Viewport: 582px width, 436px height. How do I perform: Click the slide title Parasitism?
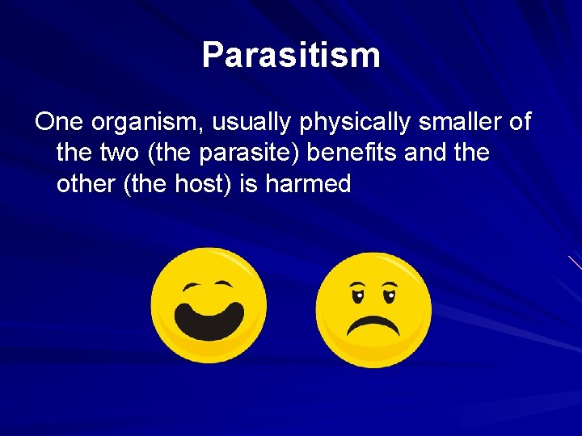[291, 55]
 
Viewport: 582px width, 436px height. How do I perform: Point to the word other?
[87, 184]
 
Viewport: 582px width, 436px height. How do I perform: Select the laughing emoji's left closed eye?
[192, 287]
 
